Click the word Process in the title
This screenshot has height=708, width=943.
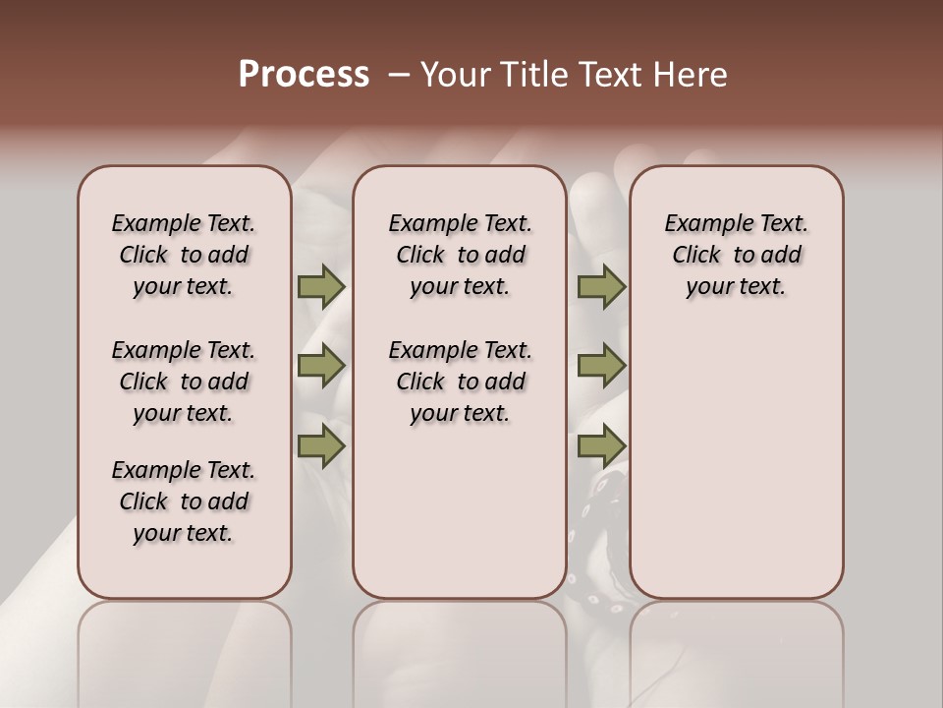pyautogui.click(x=304, y=75)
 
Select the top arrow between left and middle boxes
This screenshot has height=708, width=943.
pyautogui.click(x=321, y=286)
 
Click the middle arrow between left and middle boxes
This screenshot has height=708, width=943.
pyautogui.click(x=321, y=366)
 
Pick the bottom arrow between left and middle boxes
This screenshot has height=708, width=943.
pyautogui.click(x=321, y=446)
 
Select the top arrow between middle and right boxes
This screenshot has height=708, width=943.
pyautogui.click(x=601, y=286)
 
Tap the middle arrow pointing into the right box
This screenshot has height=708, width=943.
pyautogui.click(x=601, y=366)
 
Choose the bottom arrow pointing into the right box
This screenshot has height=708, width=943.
pyautogui.click(x=601, y=446)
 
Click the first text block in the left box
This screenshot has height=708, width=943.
pyautogui.click(x=184, y=255)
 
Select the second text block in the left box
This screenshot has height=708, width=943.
pyautogui.click(x=184, y=382)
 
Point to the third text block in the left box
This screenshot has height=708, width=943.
pyautogui.click(x=184, y=501)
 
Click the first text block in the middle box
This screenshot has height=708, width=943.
pyautogui.click(x=460, y=255)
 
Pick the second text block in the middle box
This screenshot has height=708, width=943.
pyautogui.click(x=460, y=382)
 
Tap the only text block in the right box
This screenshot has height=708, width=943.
pyautogui.click(x=736, y=255)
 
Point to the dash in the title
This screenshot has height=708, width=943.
pyautogui.click(x=399, y=75)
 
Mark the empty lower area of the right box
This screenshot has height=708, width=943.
pyautogui.click(x=736, y=452)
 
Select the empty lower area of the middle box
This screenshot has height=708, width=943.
pyautogui.click(x=460, y=511)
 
